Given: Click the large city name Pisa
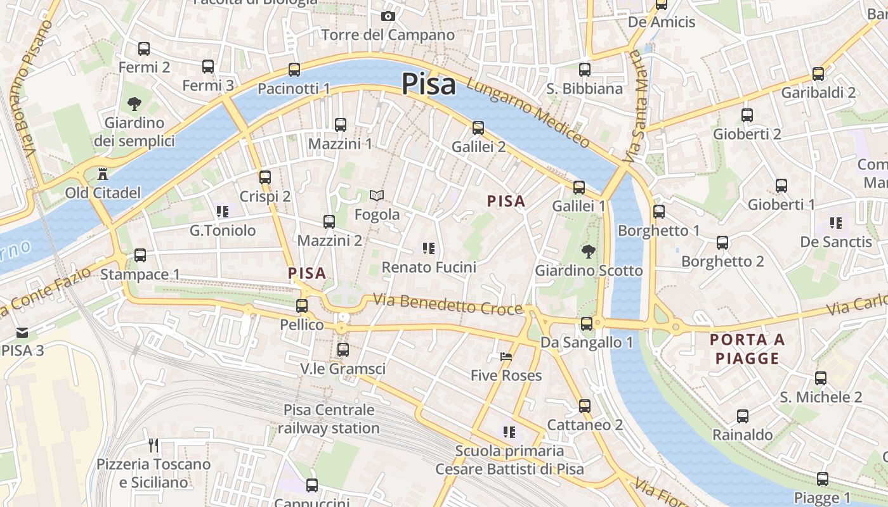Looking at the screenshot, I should pos(429,84).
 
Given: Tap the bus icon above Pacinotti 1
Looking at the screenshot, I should pos(294,70).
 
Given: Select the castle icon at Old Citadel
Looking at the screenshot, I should pos(102,174).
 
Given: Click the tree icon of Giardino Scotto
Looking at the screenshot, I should pos(588,251).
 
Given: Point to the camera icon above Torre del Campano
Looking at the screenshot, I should pos(388,16).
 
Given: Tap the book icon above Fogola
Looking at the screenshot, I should pos(377,196).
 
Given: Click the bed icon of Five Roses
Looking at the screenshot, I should pos(506,357).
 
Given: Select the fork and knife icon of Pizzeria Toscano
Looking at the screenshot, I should pos(153,445).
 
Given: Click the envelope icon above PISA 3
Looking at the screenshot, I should pos(22,332).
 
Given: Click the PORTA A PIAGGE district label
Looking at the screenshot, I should pos(747,349).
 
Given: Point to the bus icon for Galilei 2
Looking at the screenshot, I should pos(478,128).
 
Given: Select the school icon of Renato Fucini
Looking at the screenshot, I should pos(429,248).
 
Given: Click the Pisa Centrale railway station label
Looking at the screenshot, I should pos(329,419).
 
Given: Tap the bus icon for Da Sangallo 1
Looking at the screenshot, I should pos(587,324).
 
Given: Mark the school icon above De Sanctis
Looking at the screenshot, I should pos(836,223).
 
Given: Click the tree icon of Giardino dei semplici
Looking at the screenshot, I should pos(134,104).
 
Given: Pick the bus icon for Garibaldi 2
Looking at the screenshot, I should pos(818,74).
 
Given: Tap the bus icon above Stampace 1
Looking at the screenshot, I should pos(140,255).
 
